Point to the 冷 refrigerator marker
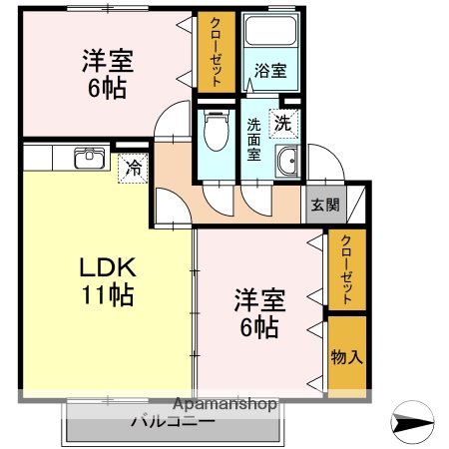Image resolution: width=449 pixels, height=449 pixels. (132, 169)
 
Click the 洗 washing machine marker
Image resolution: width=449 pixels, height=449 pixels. (283, 125)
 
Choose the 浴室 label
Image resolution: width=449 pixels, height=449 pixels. (269, 72)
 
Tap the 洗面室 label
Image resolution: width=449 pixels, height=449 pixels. (253, 141)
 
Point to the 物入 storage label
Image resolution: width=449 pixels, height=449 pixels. (346, 356)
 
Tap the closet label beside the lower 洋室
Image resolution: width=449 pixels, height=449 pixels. (346, 269)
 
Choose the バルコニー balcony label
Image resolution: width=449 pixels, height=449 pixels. (172, 422)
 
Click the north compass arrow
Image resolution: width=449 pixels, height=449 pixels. (412, 424)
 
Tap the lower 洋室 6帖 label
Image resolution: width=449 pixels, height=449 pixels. (257, 312)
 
